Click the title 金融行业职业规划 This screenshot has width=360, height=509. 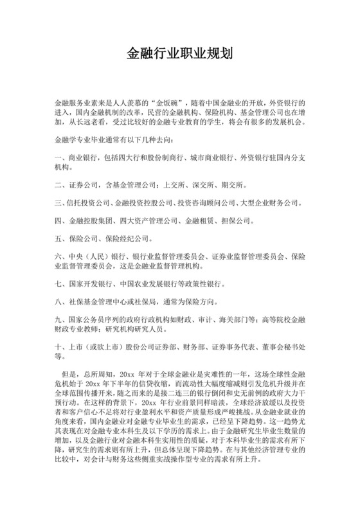(x=179, y=53)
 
